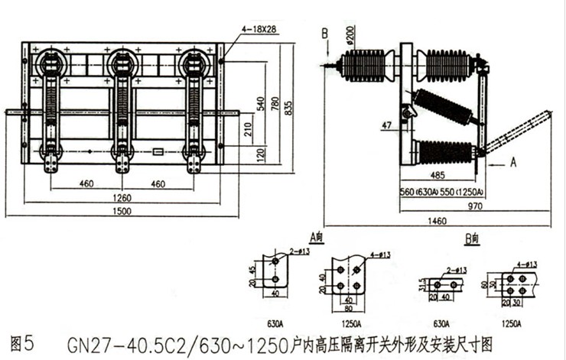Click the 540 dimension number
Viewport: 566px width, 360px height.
[x=260, y=102]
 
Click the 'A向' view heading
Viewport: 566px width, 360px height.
[x=314, y=238]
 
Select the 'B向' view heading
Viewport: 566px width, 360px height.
[x=471, y=238]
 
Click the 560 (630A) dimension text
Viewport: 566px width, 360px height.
[x=418, y=193]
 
